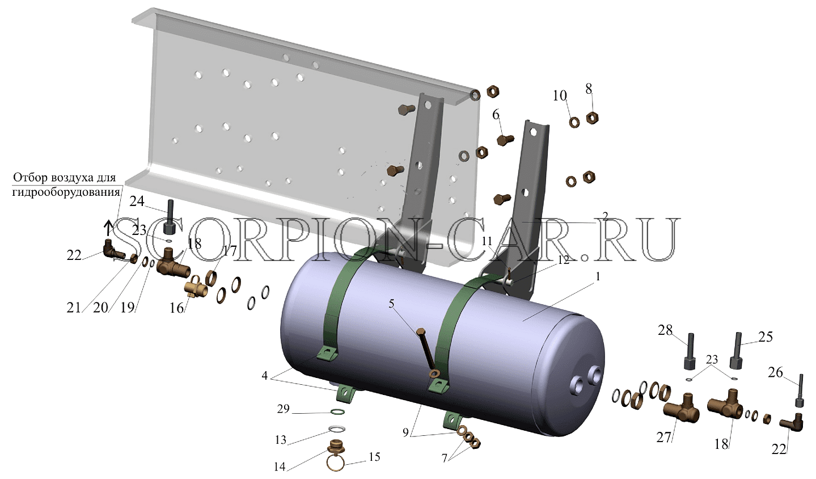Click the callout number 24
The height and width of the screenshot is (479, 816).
click(137, 201)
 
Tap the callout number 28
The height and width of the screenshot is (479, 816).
click(665, 331)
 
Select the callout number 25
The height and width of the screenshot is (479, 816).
click(765, 337)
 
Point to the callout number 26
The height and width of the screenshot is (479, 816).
click(775, 372)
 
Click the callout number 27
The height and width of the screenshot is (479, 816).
click(663, 438)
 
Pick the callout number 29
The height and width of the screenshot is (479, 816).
click(283, 409)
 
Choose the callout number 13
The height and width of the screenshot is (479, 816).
click(281, 440)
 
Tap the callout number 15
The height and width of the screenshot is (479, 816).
click(374, 456)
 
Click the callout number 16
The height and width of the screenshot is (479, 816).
click(177, 308)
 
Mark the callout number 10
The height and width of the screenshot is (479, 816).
click(560, 96)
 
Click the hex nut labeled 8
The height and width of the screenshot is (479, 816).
click(593, 118)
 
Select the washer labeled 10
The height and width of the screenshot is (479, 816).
click(574, 122)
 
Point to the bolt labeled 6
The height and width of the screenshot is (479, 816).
click(505, 140)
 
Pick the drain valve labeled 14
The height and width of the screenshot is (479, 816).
click(335, 447)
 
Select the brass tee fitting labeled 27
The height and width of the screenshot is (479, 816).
click(680, 410)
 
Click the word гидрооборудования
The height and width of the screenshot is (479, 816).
click(66, 192)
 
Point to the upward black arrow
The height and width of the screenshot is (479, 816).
click(108, 229)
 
